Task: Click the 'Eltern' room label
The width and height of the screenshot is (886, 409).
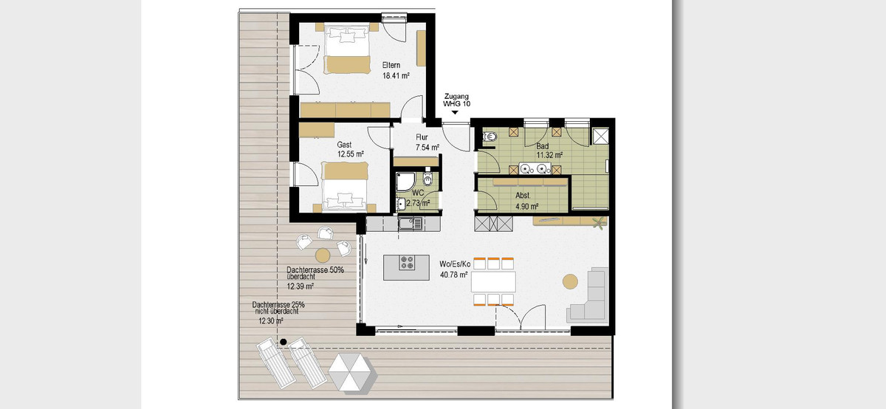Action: pyautogui.click(x=391, y=65)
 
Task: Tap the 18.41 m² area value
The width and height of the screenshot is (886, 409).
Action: pyautogui.click(x=396, y=76)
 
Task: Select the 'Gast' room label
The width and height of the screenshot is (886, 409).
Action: pyautogui.click(x=344, y=145)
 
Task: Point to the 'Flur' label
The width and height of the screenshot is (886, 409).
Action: pyautogui.click(x=422, y=137)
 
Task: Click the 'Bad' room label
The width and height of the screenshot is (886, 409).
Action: pyautogui.click(x=542, y=146)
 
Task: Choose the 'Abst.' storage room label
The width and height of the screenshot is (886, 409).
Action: pyautogui.click(x=523, y=196)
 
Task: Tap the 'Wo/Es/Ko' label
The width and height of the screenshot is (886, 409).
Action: pyautogui.click(x=455, y=264)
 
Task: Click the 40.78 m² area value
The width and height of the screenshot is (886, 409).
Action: pyautogui.click(x=454, y=275)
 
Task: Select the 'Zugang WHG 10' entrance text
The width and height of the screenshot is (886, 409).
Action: pyautogui.click(x=456, y=100)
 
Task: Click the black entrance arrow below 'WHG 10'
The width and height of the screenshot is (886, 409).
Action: pyautogui.click(x=455, y=113)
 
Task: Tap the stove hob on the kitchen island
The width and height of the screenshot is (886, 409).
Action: pyautogui.click(x=406, y=263)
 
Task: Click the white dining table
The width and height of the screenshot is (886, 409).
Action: pyautogui.click(x=493, y=281)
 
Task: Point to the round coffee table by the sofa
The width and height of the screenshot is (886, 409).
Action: pyautogui.click(x=570, y=281)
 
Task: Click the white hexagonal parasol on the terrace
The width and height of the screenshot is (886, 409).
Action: pyautogui.click(x=351, y=373)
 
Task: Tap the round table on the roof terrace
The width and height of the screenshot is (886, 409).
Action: pyautogui.click(x=323, y=255)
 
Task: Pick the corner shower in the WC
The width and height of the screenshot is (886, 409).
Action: pyautogui.click(x=405, y=182)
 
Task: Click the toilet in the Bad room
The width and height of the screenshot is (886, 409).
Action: pyautogui.click(x=489, y=137)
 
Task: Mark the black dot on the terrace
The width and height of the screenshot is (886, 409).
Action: pyautogui.click(x=284, y=342)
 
